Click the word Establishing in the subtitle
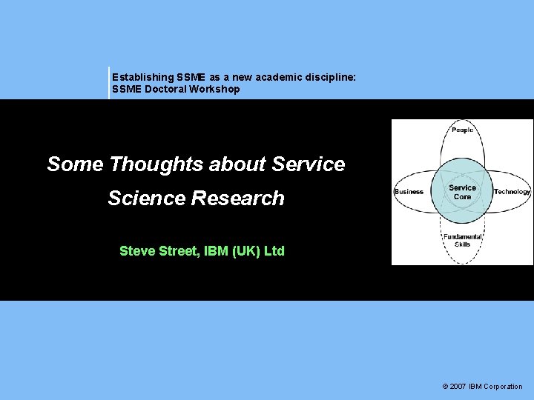143,77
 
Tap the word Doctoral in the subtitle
163,89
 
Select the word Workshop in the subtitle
214,89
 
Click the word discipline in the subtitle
332,77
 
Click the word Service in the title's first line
309,164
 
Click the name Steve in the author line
136,251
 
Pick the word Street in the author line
178,251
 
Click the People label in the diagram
462,130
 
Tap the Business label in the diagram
409,191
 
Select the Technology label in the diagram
512,191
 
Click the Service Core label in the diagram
462,192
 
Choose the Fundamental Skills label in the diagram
462,240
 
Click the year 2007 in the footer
458,386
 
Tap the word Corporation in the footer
503,386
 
